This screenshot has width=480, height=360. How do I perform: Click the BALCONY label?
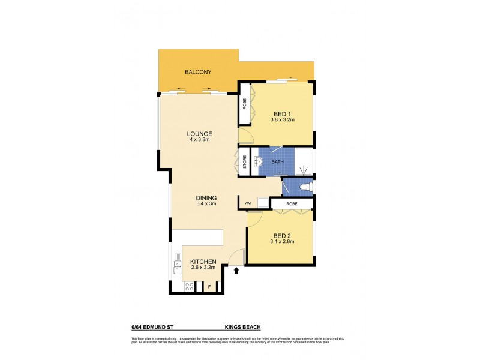[198, 72]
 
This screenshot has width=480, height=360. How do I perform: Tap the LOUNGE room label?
[200, 133]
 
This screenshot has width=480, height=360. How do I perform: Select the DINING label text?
[206, 197]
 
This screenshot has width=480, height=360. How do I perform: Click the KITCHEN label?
[203, 262]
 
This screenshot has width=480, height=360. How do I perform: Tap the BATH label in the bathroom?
[277, 162]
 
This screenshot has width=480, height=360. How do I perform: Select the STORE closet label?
[245, 161]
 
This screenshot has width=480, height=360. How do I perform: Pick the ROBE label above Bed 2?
[292, 204]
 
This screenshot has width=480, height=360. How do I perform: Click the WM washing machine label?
[247, 204]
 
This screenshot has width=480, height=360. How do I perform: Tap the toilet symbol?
[304, 187]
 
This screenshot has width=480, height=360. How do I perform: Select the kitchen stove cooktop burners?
[189, 287]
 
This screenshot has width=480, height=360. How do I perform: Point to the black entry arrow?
[236, 271]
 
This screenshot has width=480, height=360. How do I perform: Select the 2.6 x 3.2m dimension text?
[203, 268]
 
